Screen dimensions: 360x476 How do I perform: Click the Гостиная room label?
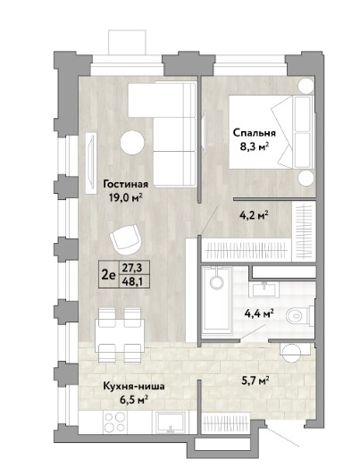tap(126, 184)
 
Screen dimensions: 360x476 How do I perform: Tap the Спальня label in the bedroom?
tap(255, 133)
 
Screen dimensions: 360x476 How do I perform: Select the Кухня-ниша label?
tap(134, 387)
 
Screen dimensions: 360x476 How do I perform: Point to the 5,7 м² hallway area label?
tap(256, 380)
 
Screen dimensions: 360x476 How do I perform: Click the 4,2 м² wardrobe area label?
tap(254, 215)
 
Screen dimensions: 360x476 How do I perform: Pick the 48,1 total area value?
tap(132, 282)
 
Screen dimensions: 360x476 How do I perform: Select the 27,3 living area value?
tap(132, 267)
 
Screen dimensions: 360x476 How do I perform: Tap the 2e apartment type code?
tap(109, 275)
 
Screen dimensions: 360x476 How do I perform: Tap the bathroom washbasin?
tap(264, 289)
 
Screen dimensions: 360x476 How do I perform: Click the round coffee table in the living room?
tap(132, 142)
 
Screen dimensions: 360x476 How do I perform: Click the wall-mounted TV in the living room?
tap(91, 163)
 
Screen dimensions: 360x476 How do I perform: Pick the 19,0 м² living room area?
tap(126, 197)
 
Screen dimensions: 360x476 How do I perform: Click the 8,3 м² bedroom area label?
tap(255, 147)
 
